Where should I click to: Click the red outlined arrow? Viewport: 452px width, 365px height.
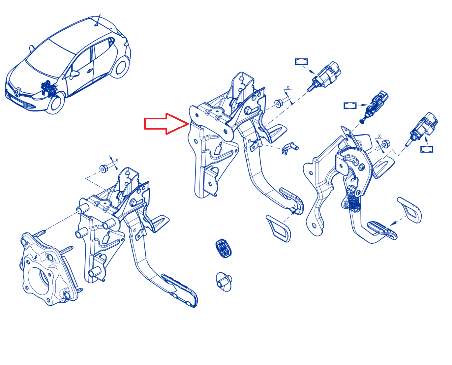click(x=166, y=124)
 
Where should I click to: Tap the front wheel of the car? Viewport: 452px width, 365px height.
click(x=56, y=103)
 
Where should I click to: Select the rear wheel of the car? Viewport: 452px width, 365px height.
click(x=121, y=67)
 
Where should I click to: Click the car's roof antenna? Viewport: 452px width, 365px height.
click(x=98, y=20)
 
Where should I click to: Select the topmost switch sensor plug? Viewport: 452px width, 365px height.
click(x=324, y=76)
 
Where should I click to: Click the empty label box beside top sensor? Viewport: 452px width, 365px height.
click(x=301, y=62)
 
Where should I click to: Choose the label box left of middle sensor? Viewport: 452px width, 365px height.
click(x=350, y=106)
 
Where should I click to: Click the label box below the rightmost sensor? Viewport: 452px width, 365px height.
click(x=427, y=149)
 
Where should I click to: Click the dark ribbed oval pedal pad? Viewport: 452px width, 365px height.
click(x=223, y=248)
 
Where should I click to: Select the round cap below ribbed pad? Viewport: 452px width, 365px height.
click(x=224, y=281)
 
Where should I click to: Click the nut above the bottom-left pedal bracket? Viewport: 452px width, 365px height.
click(x=104, y=168)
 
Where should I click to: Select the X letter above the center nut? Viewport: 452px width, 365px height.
click(x=288, y=87)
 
